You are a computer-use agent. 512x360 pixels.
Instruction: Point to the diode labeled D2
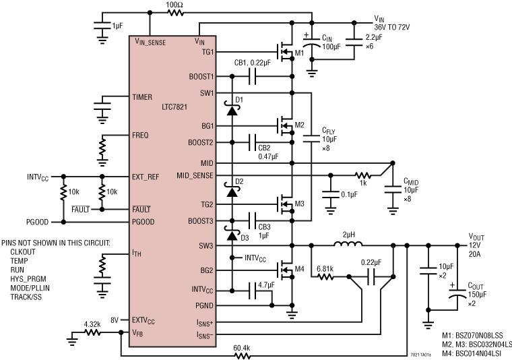click(232, 193)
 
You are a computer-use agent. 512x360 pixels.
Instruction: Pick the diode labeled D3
click(232, 236)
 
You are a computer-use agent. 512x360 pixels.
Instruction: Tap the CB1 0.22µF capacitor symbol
click(253, 77)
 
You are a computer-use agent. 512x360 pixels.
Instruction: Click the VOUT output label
click(478, 237)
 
